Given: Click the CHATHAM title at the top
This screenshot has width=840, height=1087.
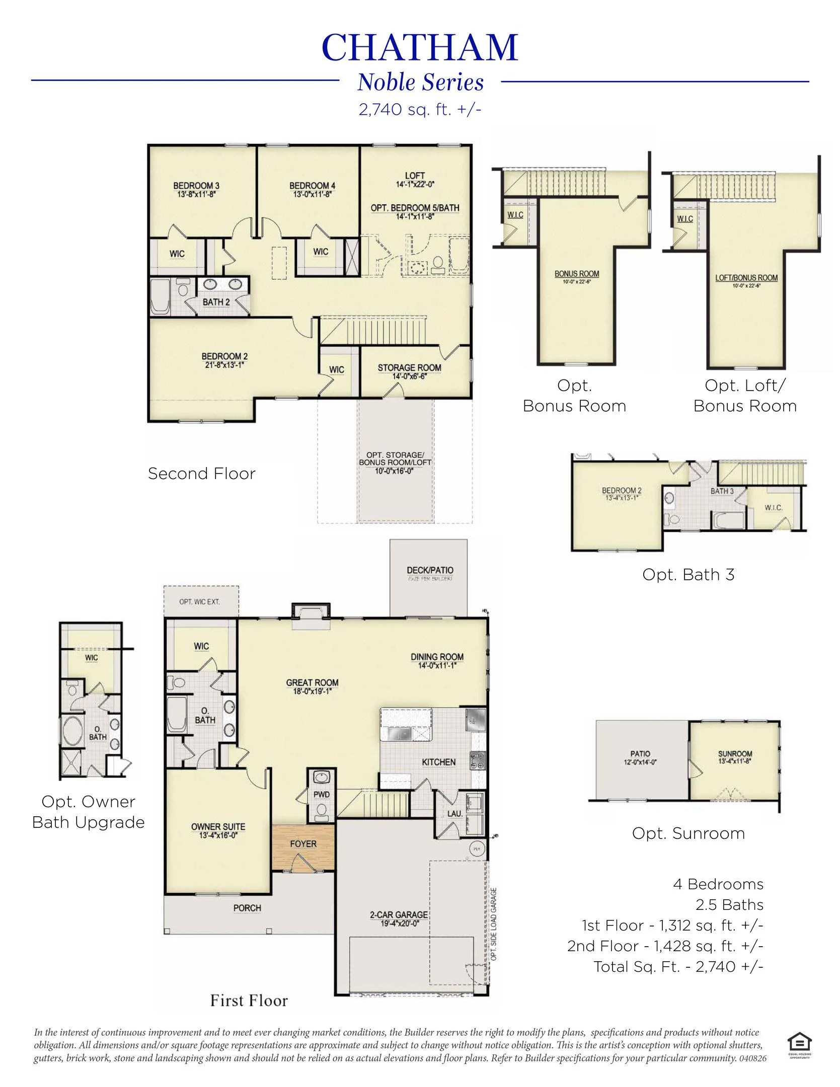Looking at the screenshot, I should pyautogui.click(x=420, y=48).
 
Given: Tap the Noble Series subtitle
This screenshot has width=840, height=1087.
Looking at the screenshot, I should pyautogui.click(x=420, y=83).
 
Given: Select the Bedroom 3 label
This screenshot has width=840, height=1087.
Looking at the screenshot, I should pyautogui.click(x=196, y=186).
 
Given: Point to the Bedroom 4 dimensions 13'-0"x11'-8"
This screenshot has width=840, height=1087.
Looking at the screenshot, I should pyautogui.click(x=312, y=194).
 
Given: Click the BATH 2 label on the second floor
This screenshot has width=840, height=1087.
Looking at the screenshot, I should pyautogui.click(x=216, y=302).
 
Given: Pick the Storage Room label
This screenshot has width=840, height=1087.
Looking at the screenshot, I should pyautogui.click(x=409, y=368).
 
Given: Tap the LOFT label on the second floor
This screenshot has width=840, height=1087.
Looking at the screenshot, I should pyautogui.click(x=415, y=176).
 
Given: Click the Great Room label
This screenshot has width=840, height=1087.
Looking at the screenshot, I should pyautogui.click(x=312, y=682).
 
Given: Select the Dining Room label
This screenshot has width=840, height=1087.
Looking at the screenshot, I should pyautogui.click(x=437, y=657).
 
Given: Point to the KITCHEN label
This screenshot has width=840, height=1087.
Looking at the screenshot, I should pyautogui.click(x=438, y=762).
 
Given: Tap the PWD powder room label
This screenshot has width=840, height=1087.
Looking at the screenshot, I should pyautogui.click(x=321, y=795).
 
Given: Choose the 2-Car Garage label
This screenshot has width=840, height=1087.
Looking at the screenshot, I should pyautogui.click(x=399, y=915).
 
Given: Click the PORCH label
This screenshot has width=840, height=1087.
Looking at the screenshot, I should pyautogui.click(x=247, y=908).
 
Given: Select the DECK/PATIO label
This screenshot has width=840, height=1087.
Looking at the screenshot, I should pyautogui.click(x=430, y=570).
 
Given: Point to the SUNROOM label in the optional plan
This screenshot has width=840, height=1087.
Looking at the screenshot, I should pyautogui.click(x=735, y=754).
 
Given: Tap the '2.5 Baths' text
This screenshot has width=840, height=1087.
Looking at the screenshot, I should pyautogui.click(x=729, y=905).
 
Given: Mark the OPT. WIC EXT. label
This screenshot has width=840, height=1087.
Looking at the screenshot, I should pyautogui.click(x=199, y=602).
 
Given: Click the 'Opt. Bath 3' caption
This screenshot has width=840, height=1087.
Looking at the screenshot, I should pyautogui.click(x=688, y=575).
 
